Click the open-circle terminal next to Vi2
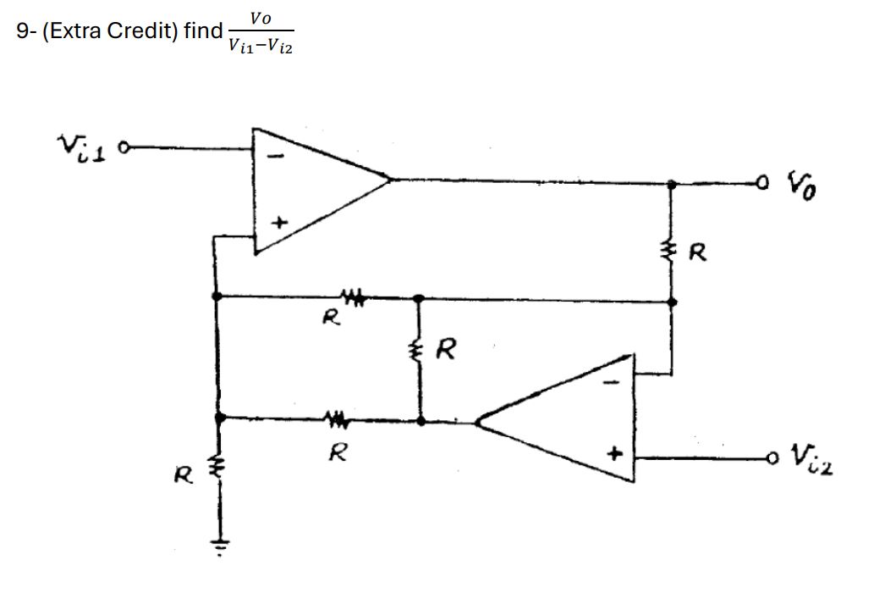(769, 458)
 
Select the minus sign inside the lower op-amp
(616, 383)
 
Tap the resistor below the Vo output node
(672, 249)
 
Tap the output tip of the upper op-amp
(388, 179)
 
